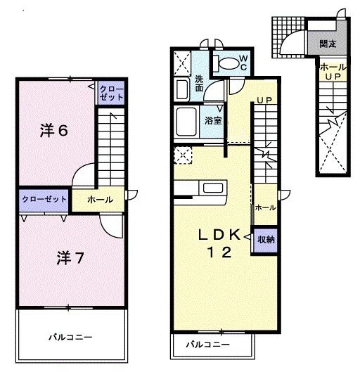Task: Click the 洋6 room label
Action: pyautogui.click(x=53, y=130)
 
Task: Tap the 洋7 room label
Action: pyautogui.click(x=70, y=257)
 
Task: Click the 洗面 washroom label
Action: pyautogui.click(x=200, y=84)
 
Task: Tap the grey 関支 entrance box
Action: pyautogui.click(x=327, y=44)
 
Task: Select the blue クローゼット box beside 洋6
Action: pyautogui.click(x=110, y=93)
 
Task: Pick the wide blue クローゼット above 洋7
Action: pyautogui.click(x=44, y=199)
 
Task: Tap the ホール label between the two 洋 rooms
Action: pyautogui.click(x=100, y=200)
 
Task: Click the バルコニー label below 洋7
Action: pyautogui.click(x=70, y=337)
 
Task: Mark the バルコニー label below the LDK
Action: pyautogui.click(x=208, y=345)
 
